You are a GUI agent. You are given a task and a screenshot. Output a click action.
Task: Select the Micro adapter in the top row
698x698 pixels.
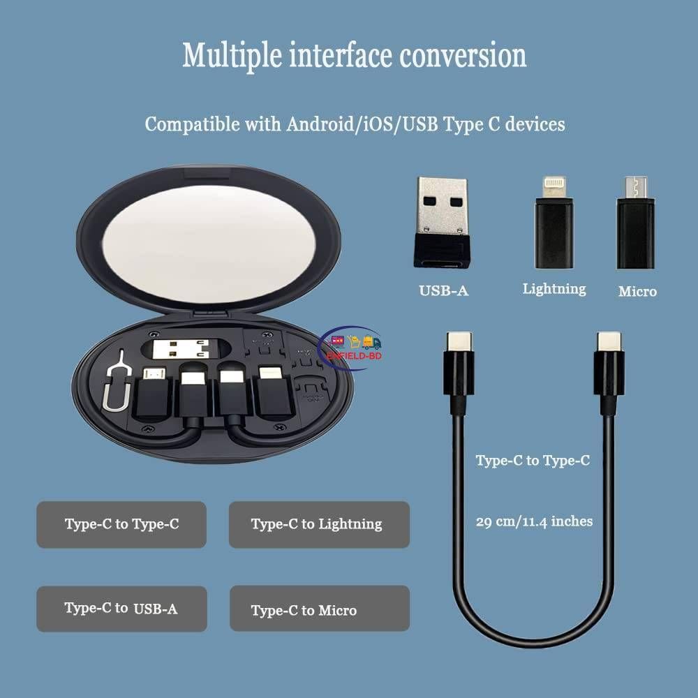(636, 223)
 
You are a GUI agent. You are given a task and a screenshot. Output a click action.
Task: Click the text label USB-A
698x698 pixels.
(443, 290)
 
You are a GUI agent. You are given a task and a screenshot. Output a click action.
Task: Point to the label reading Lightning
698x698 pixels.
(554, 288)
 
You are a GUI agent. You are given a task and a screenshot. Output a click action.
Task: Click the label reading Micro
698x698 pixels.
(637, 292)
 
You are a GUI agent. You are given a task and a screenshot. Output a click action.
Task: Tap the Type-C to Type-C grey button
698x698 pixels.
(121, 524)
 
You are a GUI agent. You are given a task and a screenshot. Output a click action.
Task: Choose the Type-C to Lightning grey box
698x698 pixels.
(318, 524)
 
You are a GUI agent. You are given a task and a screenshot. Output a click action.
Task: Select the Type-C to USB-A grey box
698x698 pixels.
(121, 609)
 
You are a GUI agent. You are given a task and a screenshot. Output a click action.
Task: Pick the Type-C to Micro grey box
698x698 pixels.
(318, 609)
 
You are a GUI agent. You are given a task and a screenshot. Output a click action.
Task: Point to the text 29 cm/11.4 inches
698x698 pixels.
(535, 521)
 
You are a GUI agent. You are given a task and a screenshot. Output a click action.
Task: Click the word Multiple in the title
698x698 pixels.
(227, 56)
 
